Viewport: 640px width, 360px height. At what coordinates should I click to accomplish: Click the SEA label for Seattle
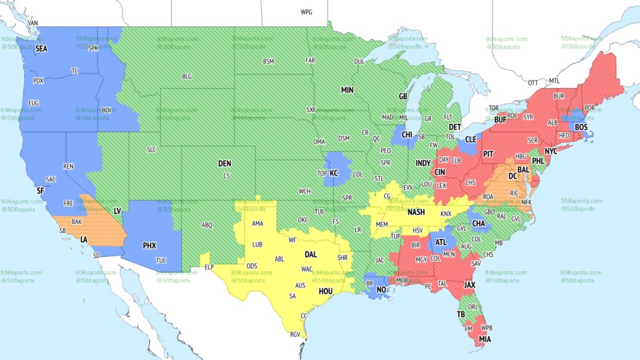click(x=41, y=48)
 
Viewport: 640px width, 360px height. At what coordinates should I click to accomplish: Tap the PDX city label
click(x=38, y=81)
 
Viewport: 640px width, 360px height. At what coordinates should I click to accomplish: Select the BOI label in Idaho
click(x=107, y=110)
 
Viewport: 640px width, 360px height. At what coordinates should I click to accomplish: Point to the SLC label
click(x=151, y=149)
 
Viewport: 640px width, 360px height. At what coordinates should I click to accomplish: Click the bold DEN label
click(x=224, y=164)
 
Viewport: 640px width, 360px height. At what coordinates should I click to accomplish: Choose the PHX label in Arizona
click(x=149, y=245)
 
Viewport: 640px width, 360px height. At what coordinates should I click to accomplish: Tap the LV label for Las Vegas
click(x=118, y=211)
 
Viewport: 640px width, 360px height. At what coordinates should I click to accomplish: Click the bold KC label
click(x=334, y=173)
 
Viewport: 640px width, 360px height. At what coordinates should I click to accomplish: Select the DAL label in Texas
click(x=310, y=254)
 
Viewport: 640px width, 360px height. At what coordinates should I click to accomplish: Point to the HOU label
click(x=325, y=291)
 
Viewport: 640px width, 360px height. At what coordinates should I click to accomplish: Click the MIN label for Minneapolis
click(x=348, y=90)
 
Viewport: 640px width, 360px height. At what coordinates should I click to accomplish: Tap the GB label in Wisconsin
click(x=403, y=96)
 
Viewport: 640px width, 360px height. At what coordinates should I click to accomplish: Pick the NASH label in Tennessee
click(x=416, y=212)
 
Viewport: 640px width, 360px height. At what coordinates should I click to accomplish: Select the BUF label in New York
click(x=500, y=120)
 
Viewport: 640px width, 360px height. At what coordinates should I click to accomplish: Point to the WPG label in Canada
click(x=306, y=12)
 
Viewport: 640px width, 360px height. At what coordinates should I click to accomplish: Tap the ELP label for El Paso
click(x=209, y=267)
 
